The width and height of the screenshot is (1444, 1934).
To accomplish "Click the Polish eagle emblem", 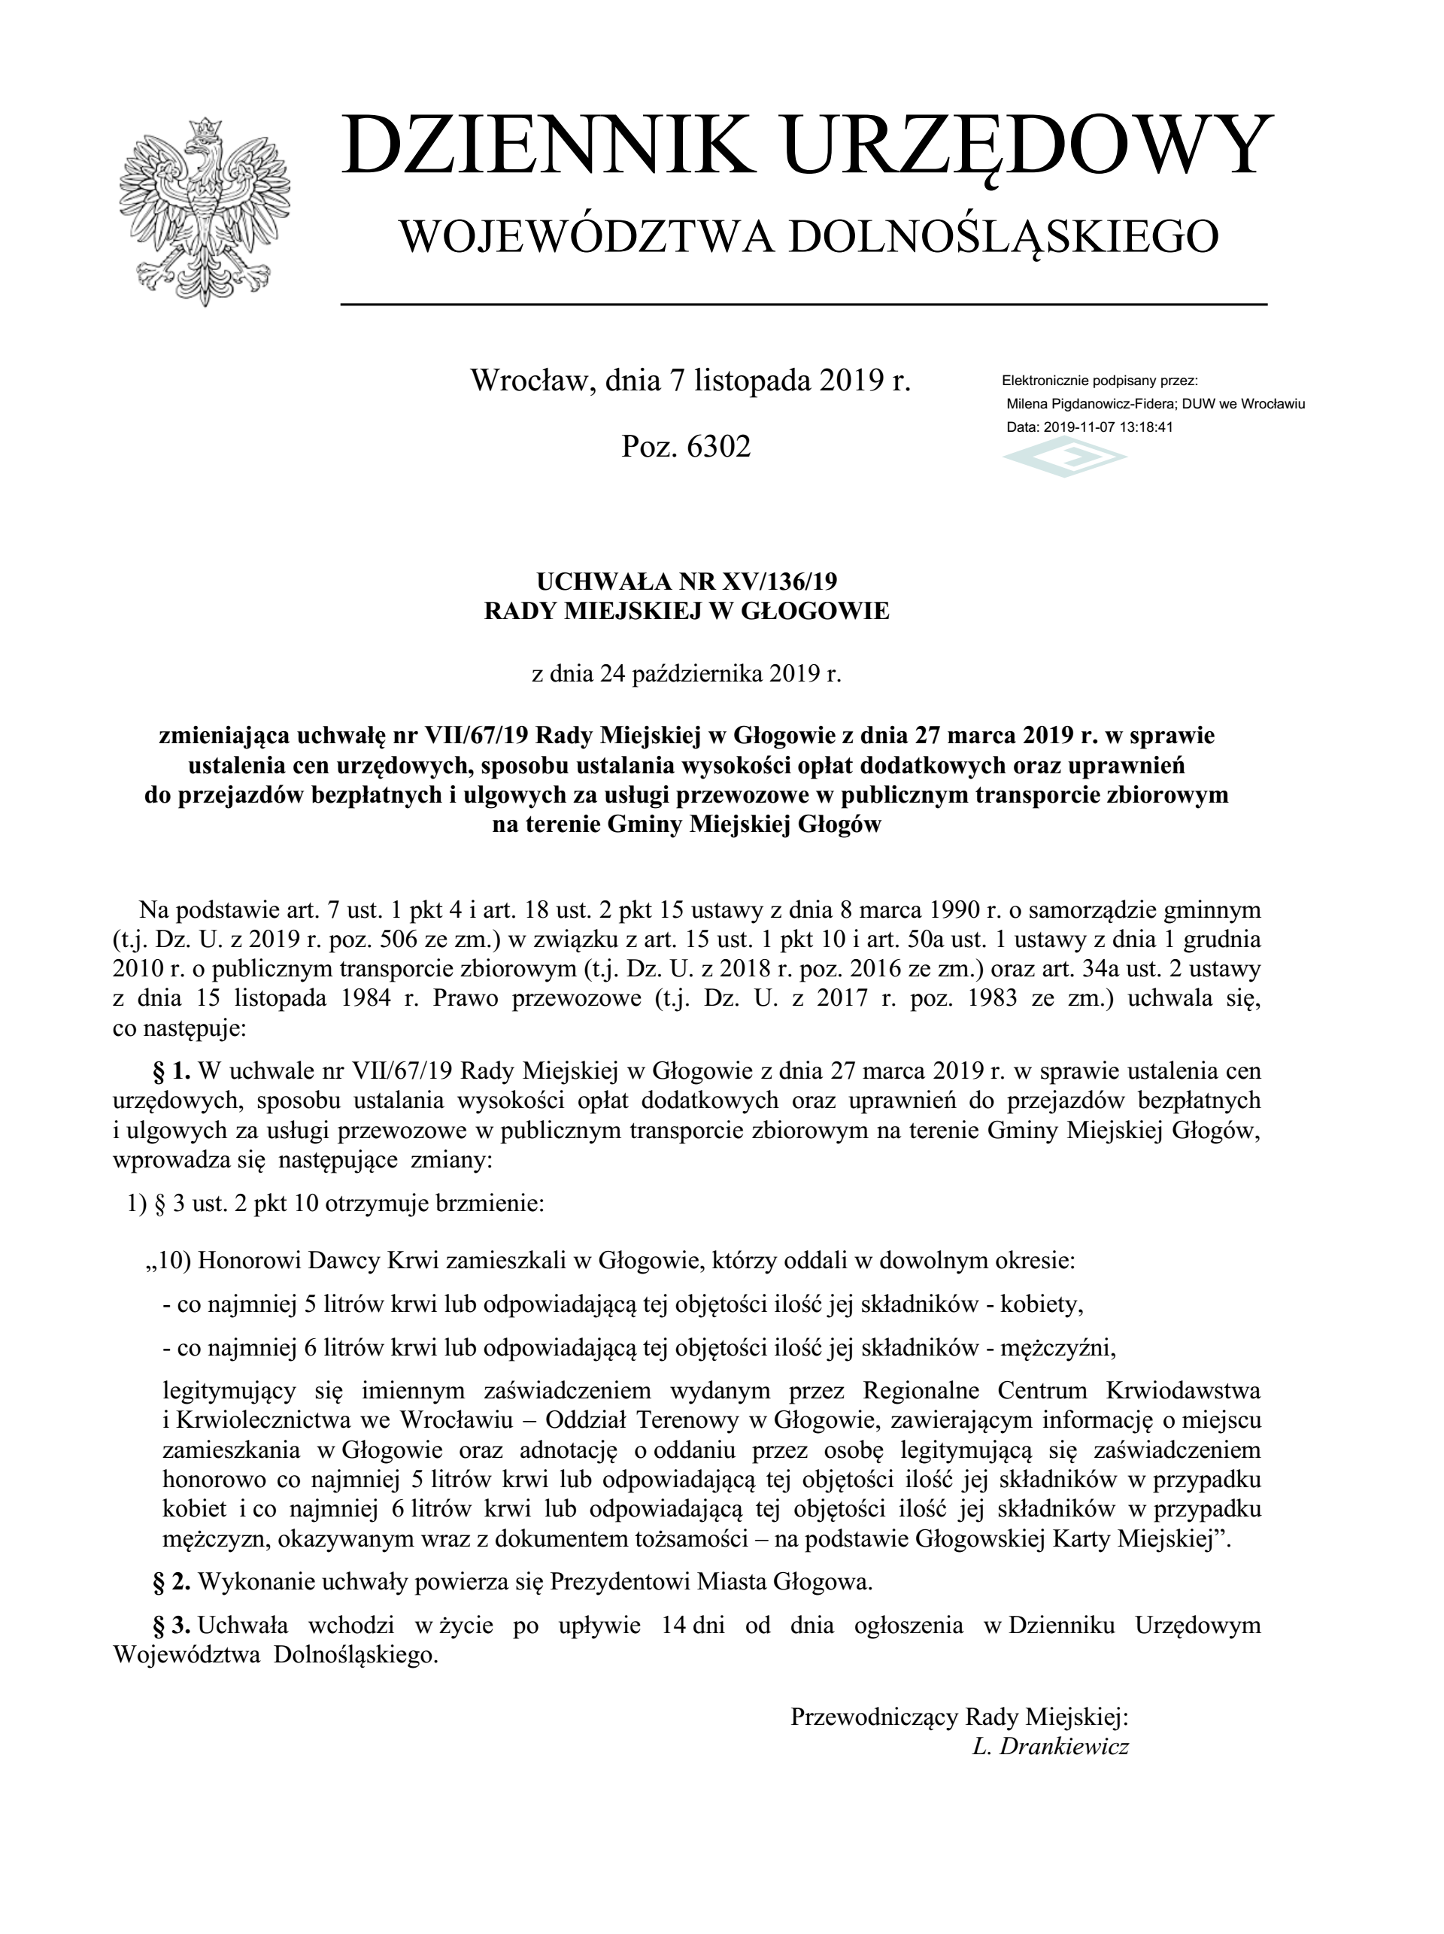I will (x=205, y=211).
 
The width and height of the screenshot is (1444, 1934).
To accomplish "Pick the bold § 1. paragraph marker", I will (x=172, y=1070).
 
